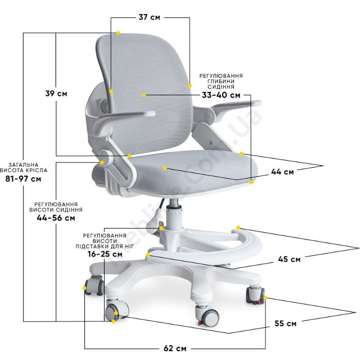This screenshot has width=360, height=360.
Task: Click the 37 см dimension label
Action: click(149, 17)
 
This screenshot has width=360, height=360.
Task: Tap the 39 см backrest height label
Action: click(56, 94)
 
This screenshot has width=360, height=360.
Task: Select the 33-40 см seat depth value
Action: click(221, 95)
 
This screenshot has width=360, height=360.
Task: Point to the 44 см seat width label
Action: click(283, 171)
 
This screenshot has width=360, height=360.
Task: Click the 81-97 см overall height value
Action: click(23, 179)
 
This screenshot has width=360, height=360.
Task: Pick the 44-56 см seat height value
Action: click(56, 218)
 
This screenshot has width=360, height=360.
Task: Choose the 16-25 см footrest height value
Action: click(105, 254)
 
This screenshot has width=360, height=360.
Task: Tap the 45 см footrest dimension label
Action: click(289, 259)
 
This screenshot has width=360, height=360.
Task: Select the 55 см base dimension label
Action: click(285, 324)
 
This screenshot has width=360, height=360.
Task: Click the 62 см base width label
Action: click(175, 348)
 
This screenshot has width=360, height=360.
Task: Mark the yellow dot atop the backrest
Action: click(118, 33)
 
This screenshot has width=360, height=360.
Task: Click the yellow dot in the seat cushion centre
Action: click(165, 168)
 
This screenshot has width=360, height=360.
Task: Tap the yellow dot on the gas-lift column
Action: click(162, 228)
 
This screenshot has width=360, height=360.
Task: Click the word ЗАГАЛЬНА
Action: click(23, 165)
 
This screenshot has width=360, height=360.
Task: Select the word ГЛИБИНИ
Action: click(221, 81)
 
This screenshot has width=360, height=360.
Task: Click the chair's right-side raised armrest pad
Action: click(237, 105)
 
